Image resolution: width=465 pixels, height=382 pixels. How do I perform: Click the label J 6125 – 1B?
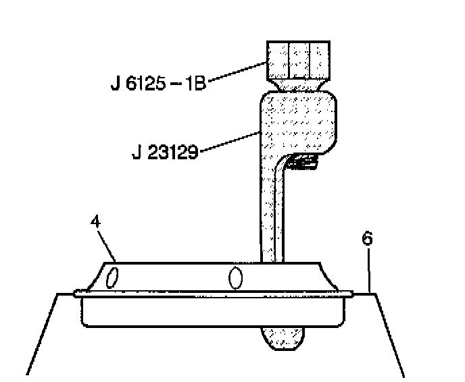tap(159, 83)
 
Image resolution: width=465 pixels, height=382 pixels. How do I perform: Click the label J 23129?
tap(165, 153)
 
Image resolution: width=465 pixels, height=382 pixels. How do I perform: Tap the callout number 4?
tap(95, 221)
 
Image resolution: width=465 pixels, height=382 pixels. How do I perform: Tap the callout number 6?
tap(368, 238)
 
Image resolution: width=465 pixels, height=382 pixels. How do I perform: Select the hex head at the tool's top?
tap(298, 61)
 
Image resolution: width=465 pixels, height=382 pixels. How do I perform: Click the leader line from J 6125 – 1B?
tap(237, 71)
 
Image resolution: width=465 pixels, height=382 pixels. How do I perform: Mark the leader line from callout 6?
tap(368, 271)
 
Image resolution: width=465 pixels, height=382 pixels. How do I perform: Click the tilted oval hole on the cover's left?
tap(112, 277)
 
